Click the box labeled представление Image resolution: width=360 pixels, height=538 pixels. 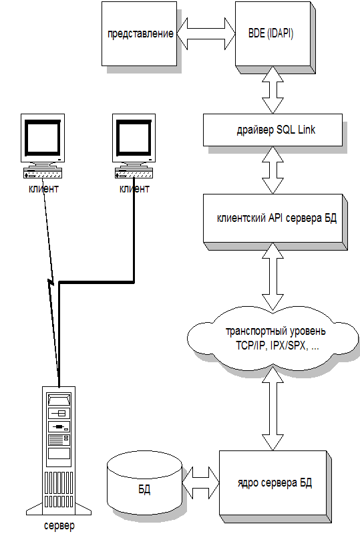click(x=139, y=33)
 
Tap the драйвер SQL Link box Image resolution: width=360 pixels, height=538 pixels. click(x=273, y=130)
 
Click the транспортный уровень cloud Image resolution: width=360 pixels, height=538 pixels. click(x=273, y=339)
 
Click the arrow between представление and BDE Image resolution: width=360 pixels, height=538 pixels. click(x=206, y=33)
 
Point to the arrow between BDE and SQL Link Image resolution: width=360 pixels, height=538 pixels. click(x=273, y=90)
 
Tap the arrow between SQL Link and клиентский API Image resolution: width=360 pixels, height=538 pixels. click(x=273, y=170)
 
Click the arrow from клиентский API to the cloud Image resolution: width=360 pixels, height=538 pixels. click(x=273, y=277)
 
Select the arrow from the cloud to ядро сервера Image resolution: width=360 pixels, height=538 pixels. click(x=273, y=408)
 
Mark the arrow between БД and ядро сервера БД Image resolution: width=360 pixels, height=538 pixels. click(x=200, y=482)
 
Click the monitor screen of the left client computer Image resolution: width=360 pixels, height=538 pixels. click(x=43, y=137)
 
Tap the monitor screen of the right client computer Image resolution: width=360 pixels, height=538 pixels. click(x=134, y=137)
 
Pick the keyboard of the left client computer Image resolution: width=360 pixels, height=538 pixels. click(x=43, y=173)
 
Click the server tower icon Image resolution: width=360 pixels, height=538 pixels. click(x=59, y=451)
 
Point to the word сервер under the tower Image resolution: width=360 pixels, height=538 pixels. click(x=59, y=526)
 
